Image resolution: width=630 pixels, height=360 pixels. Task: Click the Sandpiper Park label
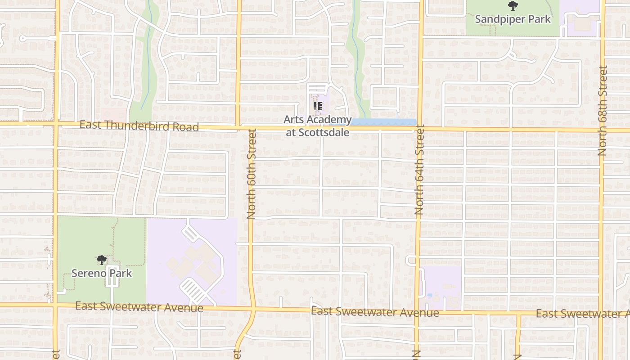pyautogui.click(x=513, y=19)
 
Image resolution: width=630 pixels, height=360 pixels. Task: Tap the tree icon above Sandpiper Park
pyautogui.click(x=513, y=6)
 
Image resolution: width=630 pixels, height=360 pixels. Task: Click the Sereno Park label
pyautogui.click(x=102, y=273)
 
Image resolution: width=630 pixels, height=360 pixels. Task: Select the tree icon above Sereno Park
pyautogui.click(x=102, y=260)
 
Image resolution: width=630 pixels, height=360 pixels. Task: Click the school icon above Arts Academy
pyautogui.click(x=318, y=107)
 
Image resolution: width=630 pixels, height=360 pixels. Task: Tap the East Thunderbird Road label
pyautogui.click(x=139, y=126)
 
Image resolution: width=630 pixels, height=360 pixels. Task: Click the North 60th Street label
pyautogui.click(x=252, y=174)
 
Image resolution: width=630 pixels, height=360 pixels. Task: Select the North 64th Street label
pyautogui.click(x=419, y=171)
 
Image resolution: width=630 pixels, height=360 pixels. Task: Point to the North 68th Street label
pyautogui.click(x=603, y=111)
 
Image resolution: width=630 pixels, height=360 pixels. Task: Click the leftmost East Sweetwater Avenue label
pyautogui.click(x=139, y=307)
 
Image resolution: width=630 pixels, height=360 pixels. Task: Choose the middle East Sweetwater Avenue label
pyautogui.click(x=375, y=312)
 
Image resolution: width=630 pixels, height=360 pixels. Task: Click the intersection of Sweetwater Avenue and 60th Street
pyautogui.click(x=253, y=309)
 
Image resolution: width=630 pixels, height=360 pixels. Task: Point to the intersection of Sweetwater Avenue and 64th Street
pyautogui.click(x=417, y=312)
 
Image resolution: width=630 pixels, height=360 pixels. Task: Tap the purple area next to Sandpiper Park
pyautogui.click(x=583, y=18)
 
